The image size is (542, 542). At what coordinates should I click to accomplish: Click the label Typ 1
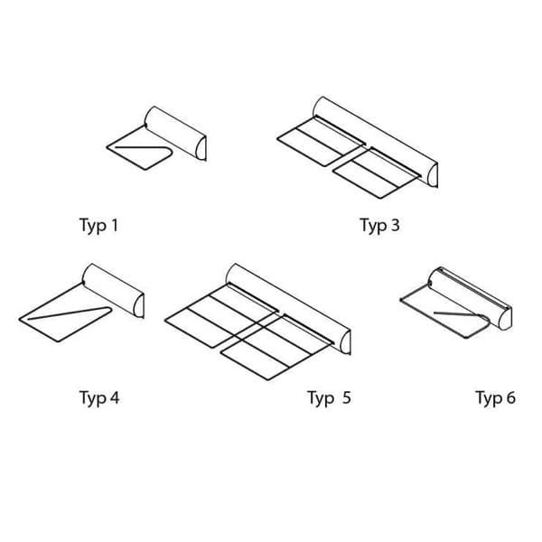point(98,226)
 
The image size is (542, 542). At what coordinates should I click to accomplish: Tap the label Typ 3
point(379,226)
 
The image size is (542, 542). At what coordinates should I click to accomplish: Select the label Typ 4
point(99,397)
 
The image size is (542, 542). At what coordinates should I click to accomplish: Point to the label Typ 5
point(329,397)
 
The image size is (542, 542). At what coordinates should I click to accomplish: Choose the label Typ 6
point(496,397)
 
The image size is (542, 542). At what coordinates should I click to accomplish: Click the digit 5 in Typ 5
point(347,397)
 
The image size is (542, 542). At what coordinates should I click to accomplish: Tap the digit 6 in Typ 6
point(511,397)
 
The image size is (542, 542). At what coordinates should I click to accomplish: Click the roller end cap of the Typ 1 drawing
point(201,149)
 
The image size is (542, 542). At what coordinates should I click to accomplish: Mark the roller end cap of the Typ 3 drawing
point(433,175)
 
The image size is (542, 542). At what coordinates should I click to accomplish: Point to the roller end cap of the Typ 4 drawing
point(140,305)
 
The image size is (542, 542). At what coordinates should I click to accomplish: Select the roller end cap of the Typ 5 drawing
point(346,342)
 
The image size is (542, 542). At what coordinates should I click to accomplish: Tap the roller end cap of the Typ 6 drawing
point(505,319)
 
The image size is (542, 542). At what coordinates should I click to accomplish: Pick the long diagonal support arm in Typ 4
point(70,313)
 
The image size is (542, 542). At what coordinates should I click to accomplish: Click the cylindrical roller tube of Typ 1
point(175,133)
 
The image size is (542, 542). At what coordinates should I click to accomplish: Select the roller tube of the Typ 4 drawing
point(113,290)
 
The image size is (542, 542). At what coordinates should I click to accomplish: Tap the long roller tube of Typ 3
point(375,142)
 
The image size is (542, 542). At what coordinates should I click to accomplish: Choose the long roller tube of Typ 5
point(288,309)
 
